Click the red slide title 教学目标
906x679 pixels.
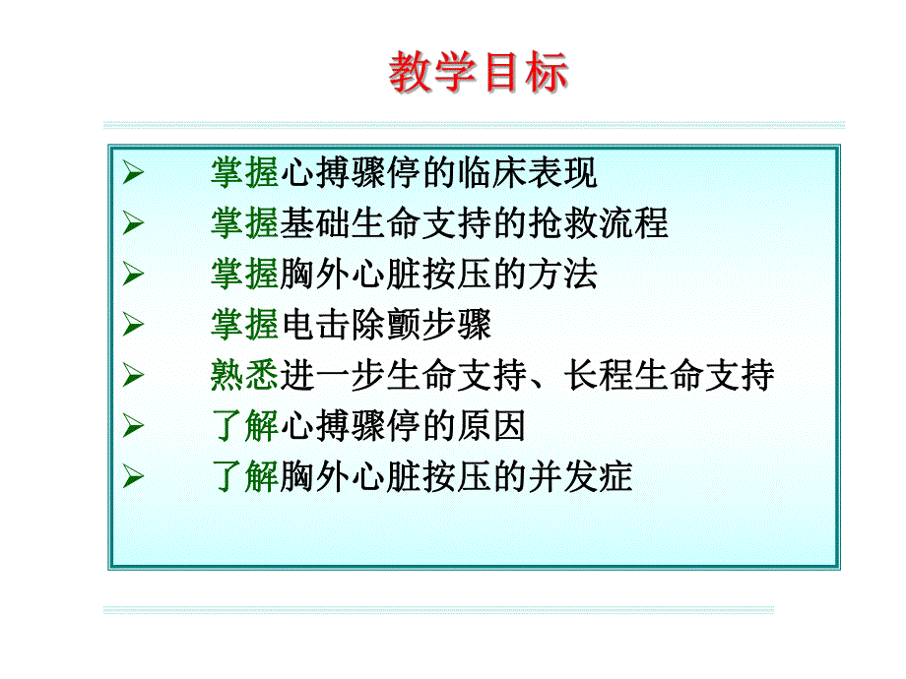click(x=479, y=74)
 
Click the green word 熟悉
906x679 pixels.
click(x=244, y=376)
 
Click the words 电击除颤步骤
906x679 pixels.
click(x=385, y=325)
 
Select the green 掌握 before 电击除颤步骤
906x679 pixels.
click(x=244, y=325)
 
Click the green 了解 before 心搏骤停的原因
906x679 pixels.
click(x=244, y=426)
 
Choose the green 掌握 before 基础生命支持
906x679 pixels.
click(x=244, y=223)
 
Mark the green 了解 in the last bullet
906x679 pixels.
click(x=244, y=477)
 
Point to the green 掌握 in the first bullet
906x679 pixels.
click(x=244, y=173)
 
